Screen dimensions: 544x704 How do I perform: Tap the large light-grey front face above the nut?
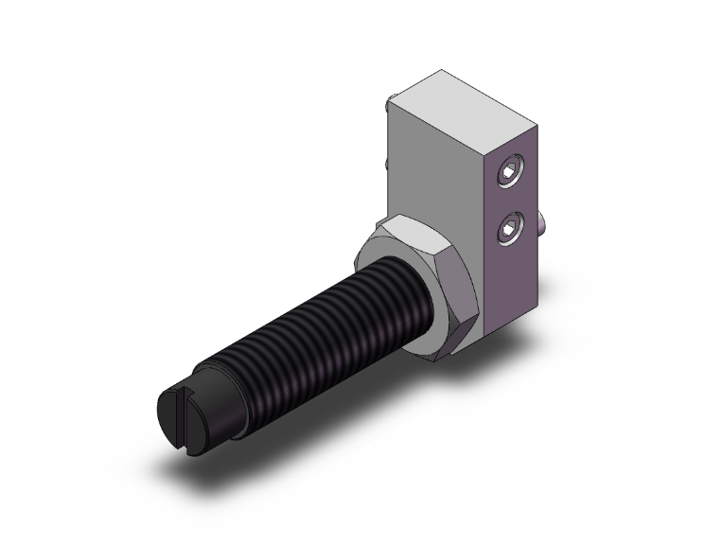pyautogui.click(x=435, y=170)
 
